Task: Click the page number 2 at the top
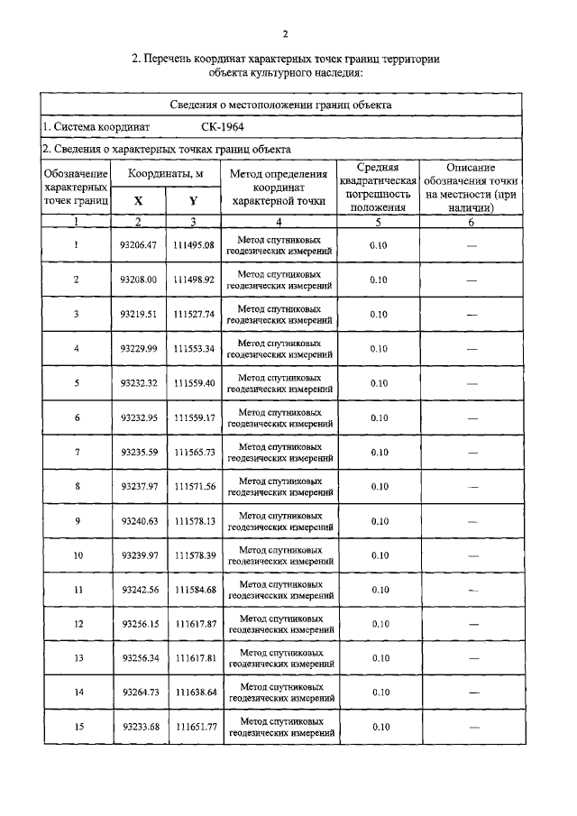click(286, 35)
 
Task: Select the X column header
click(138, 202)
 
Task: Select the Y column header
click(193, 202)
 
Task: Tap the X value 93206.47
click(139, 245)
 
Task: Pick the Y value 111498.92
click(195, 280)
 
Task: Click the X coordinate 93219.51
click(139, 314)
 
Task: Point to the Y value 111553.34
click(195, 348)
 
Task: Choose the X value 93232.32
click(139, 382)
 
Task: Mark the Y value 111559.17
click(195, 417)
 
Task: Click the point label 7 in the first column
click(77, 452)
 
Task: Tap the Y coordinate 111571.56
click(195, 486)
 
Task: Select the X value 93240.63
click(139, 520)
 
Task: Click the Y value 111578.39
click(195, 555)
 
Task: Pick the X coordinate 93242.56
click(139, 590)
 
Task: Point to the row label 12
click(77, 624)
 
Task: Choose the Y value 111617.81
click(195, 658)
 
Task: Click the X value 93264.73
click(139, 692)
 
